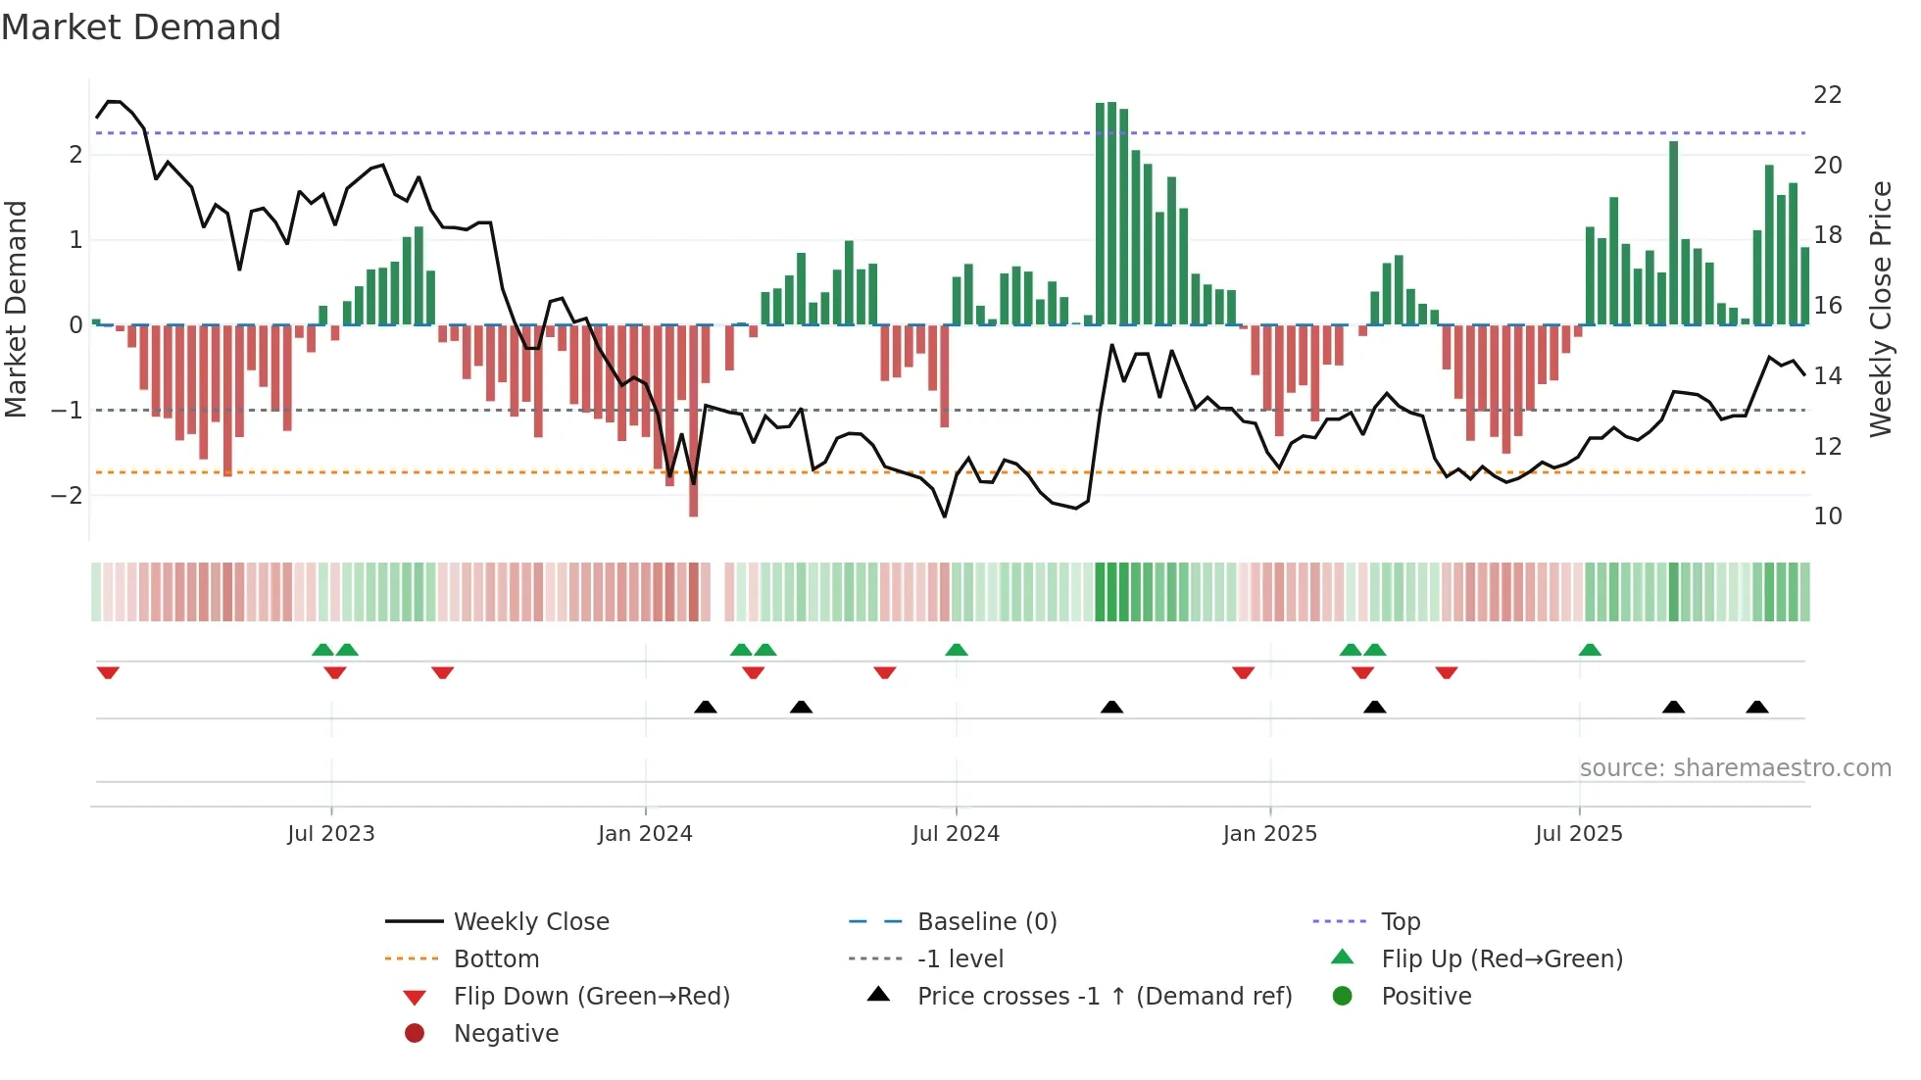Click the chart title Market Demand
click(141, 27)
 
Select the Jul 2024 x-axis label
click(956, 834)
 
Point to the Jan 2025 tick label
click(1269, 834)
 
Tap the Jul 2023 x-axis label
click(331, 834)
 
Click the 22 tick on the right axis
click(1828, 95)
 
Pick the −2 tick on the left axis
click(67, 495)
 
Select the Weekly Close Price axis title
click(1881, 309)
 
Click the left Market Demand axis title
click(17, 309)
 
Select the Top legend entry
click(1401, 922)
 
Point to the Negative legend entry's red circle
click(415, 1034)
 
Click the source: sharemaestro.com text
click(1735, 768)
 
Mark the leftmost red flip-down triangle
click(108, 672)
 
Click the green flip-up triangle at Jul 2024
click(957, 650)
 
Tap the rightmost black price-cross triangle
click(1757, 707)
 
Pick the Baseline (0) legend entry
click(986, 922)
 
